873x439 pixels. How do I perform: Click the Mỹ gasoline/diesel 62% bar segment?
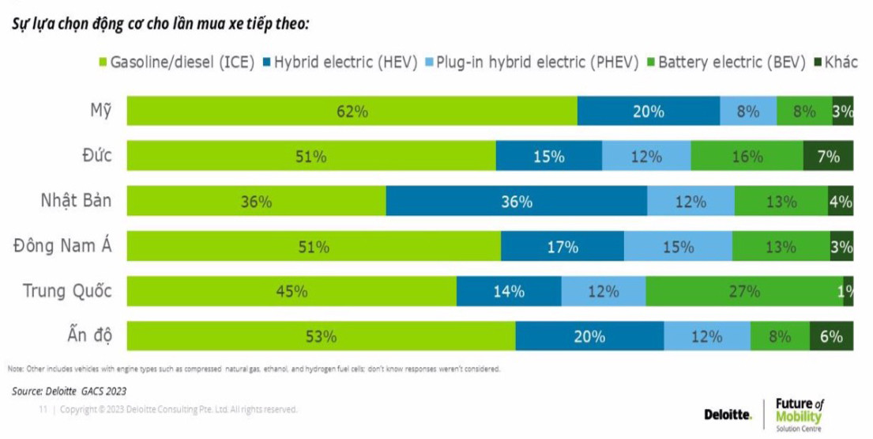tap(352, 112)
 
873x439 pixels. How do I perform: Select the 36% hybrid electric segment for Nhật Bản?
tap(516, 202)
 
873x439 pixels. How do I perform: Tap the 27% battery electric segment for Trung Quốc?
tap(743, 291)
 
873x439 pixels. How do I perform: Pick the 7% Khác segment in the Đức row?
tap(828, 157)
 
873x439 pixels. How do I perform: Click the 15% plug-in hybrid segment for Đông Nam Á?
tap(678, 247)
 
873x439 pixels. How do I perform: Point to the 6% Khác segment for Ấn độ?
tap(831, 336)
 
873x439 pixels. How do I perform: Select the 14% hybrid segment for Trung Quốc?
tap(509, 291)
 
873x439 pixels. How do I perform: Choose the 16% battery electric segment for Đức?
tap(747, 157)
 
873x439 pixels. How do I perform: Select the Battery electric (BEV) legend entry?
tap(726, 62)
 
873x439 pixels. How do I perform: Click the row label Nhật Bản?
tap(76, 201)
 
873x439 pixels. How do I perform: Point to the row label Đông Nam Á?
tap(62, 246)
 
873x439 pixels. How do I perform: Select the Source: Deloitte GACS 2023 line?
tap(69, 391)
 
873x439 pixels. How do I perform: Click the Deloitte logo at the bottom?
tap(728, 414)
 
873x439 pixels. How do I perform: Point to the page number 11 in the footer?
tap(44, 410)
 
